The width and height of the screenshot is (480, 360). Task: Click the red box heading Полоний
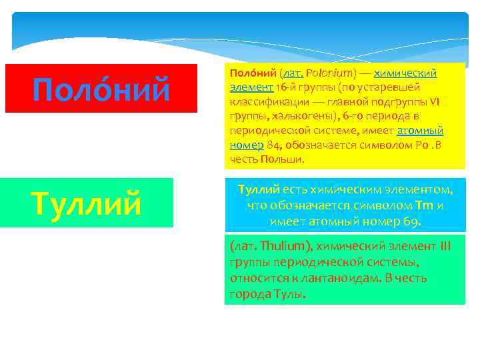point(101,89)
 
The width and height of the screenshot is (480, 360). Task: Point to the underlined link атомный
point(419,131)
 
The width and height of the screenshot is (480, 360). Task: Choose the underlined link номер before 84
point(245,145)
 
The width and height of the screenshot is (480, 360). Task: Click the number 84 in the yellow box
point(273,145)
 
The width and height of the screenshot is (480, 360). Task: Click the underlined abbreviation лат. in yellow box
point(292,71)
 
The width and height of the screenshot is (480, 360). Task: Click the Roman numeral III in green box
point(445,247)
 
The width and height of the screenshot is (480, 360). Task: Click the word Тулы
point(289,293)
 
